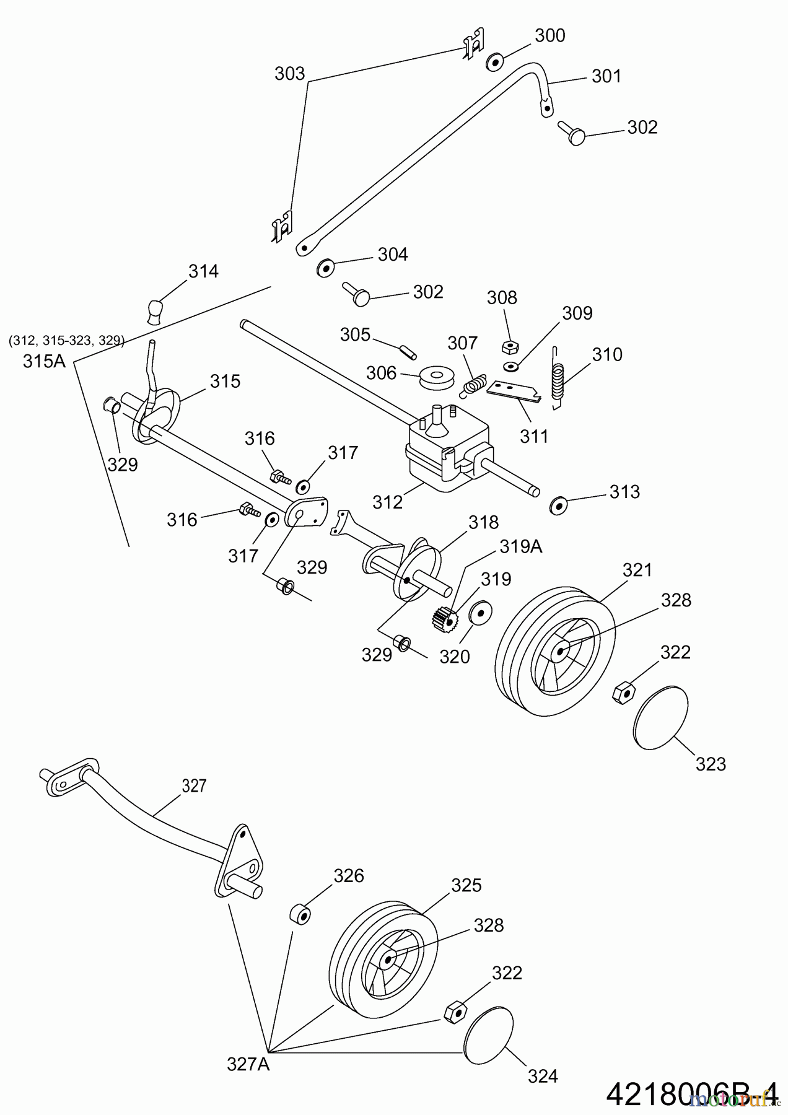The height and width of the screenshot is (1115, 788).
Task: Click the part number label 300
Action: click(549, 36)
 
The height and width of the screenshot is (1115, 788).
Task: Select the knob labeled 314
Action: click(156, 312)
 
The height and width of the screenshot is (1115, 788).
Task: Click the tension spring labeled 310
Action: click(558, 379)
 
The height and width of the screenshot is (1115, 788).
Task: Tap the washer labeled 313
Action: click(558, 505)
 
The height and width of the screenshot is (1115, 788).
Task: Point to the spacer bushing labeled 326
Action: click(300, 914)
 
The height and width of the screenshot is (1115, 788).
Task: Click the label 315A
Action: click(44, 361)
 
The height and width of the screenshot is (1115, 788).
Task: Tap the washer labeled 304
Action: click(325, 268)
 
